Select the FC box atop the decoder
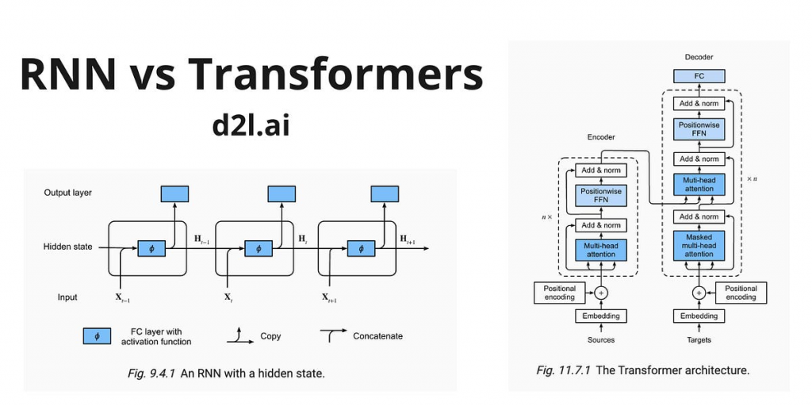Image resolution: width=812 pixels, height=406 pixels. [x=699, y=76]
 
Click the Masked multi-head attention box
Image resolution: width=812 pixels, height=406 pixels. [x=699, y=245]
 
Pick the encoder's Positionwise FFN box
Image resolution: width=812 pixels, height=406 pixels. [x=599, y=196]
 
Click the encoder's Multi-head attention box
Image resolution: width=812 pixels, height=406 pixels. [x=599, y=250]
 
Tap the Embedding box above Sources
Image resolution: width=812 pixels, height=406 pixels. [x=599, y=316]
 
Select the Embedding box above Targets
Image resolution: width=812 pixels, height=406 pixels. [x=699, y=316]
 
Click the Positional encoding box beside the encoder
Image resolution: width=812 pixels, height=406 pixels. [x=559, y=293]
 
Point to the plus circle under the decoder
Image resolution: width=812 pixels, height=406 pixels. [x=699, y=293]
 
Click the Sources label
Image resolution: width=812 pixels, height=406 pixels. [x=599, y=339]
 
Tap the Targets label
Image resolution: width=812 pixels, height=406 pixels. [x=699, y=339]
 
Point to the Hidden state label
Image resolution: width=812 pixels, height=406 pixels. [x=67, y=247]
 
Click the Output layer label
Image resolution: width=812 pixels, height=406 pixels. [x=67, y=193]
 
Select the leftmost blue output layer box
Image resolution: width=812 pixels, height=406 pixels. [x=174, y=193]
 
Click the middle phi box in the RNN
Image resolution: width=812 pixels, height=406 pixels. [x=254, y=248]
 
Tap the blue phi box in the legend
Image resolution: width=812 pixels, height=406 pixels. [x=97, y=335]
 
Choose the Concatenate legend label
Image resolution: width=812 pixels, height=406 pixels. [x=377, y=335]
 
